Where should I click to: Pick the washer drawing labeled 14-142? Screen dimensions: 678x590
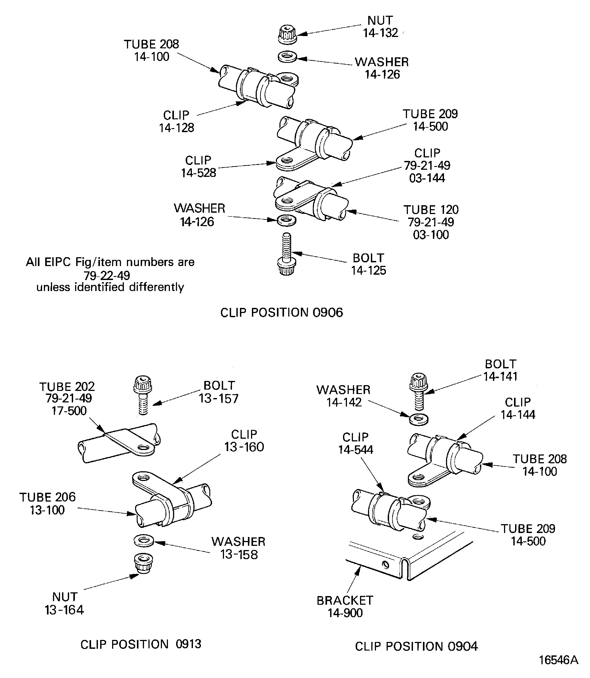click(419, 420)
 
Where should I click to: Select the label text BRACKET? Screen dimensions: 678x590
click(345, 600)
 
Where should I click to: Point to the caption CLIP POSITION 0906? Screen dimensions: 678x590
click(282, 313)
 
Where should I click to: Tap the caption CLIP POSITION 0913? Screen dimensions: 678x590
click(141, 644)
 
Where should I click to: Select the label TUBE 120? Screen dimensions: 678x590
click(431, 210)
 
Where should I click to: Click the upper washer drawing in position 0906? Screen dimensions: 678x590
click(287, 57)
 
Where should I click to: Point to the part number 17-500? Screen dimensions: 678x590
click(69, 411)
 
